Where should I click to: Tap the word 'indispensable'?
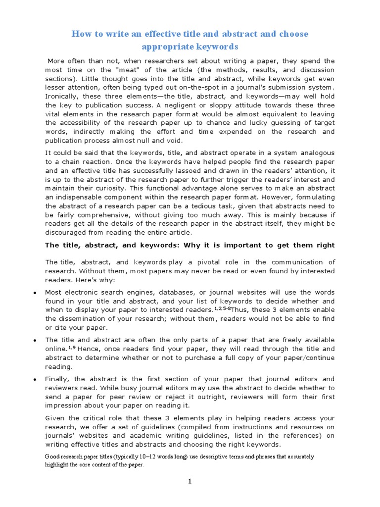70,197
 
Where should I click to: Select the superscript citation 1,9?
70,348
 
